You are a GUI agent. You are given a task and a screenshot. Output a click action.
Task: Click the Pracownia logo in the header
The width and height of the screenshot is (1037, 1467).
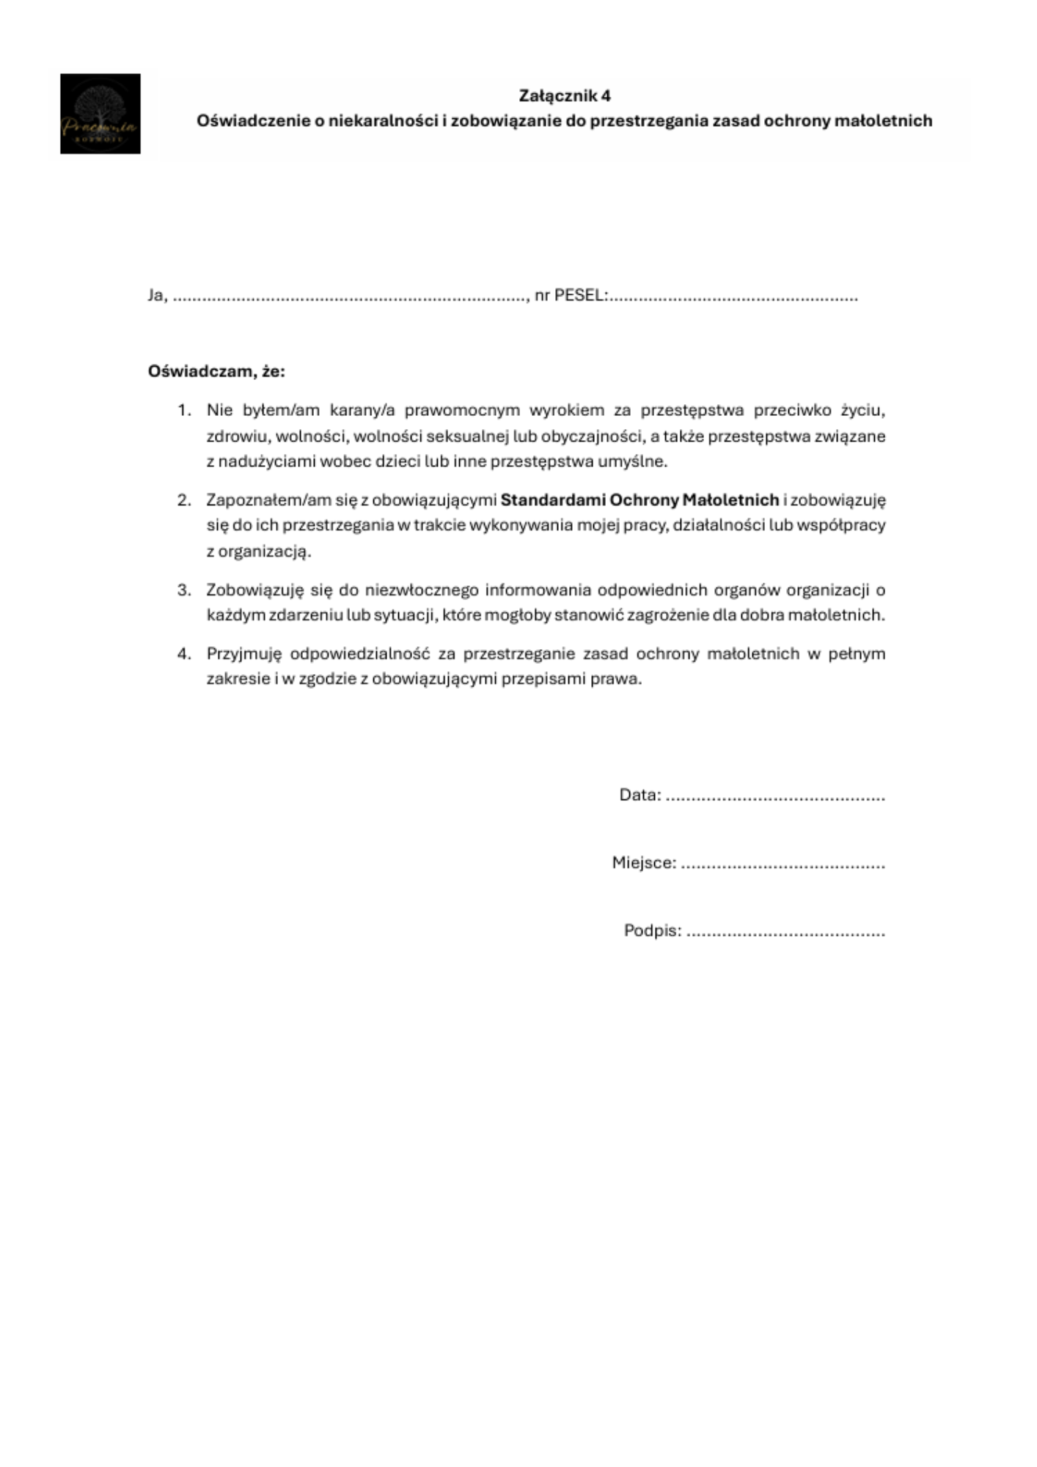click(x=100, y=114)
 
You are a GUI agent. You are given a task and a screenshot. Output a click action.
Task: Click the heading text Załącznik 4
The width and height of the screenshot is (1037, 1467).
click(x=564, y=96)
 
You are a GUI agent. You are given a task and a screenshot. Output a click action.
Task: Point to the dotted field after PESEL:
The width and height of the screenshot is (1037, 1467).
click(x=733, y=297)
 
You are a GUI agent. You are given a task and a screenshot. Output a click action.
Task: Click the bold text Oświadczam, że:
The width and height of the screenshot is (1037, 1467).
click(x=216, y=371)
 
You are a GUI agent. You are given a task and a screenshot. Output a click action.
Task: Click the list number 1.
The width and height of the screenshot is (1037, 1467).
click(x=183, y=410)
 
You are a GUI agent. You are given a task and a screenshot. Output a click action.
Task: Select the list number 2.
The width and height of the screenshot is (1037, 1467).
click(x=183, y=500)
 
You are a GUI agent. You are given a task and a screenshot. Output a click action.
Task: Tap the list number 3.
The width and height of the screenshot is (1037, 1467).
click(x=183, y=590)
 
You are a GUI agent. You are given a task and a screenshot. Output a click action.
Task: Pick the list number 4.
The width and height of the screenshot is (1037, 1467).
click(x=183, y=654)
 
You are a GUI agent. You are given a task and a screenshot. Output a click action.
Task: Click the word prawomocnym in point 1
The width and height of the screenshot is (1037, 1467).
click(x=461, y=410)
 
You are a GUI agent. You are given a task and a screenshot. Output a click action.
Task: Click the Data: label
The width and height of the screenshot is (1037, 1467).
click(x=640, y=795)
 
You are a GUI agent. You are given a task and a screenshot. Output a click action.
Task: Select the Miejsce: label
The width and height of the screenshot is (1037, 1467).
click(x=644, y=863)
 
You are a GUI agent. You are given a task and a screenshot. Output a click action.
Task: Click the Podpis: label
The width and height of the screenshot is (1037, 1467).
click(x=652, y=931)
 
